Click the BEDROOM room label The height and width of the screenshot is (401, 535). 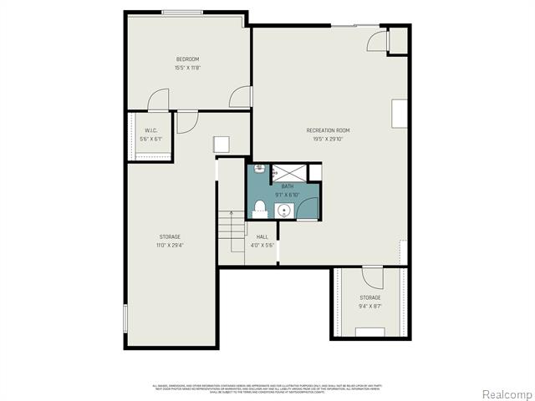pos(187,58)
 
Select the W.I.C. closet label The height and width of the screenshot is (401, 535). pos(151,130)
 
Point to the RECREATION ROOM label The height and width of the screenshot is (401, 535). pos(328,130)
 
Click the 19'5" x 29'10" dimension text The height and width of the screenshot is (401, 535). pos(328,140)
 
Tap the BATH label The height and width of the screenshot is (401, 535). pos(287,185)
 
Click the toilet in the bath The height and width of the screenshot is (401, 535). pos(260,207)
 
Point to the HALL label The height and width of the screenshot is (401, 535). pos(262,237)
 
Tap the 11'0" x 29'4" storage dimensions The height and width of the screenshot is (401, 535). pos(170,246)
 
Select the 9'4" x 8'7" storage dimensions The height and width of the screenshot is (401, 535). pos(370,307)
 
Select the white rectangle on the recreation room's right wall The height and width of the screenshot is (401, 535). pos(400,114)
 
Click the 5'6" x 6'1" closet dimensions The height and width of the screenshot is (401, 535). pos(151,140)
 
